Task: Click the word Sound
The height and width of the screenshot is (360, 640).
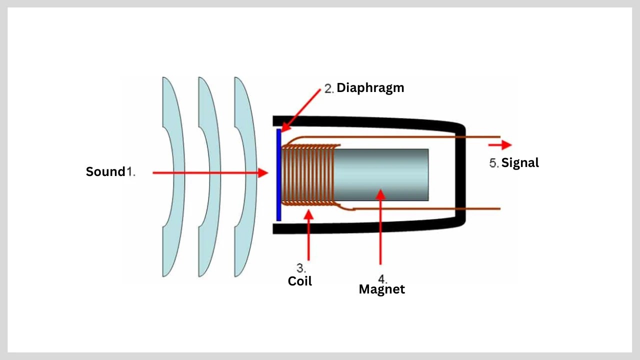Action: coord(105,171)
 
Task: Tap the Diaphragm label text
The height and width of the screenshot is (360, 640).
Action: coord(370,88)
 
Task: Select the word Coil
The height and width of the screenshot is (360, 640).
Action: coord(299,281)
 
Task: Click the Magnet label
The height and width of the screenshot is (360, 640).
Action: coord(381,289)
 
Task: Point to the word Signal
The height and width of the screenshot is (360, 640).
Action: coord(520,162)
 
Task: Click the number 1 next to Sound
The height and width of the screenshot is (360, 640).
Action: coord(130,171)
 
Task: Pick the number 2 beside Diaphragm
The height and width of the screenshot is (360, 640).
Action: coord(328,89)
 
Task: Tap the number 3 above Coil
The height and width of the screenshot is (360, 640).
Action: coord(301,267)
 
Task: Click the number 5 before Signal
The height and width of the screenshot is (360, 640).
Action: coord(493,163)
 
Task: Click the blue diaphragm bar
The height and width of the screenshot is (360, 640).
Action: coord(278,175)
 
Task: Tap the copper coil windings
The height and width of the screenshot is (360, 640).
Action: coord(307,174)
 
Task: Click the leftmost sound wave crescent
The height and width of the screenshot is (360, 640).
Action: coord(173,175)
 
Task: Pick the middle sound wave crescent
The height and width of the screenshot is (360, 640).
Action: coord(209,175)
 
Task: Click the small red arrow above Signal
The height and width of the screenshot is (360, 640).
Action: coord(500,145)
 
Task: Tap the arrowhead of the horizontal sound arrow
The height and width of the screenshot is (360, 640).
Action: coord(263,172)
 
